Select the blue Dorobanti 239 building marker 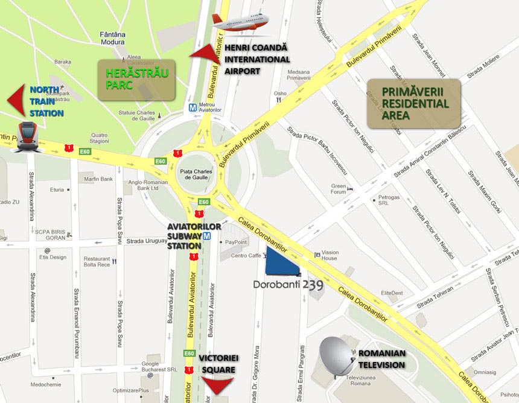point(283,262)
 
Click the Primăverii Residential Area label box point(414,103)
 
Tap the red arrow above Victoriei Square point(217,384)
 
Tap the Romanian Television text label point(382,358)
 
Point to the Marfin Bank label point(99,179)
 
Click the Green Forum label point(339,189)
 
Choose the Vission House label point(330,255)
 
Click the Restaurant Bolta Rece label point(97,261)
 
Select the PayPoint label point(236,242)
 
